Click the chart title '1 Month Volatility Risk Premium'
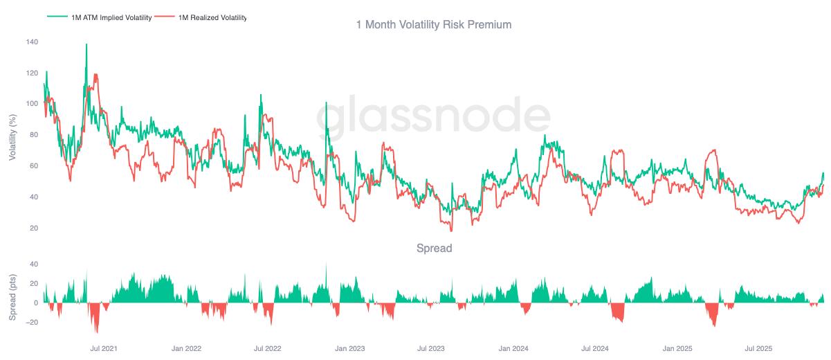click(x=433, y=24)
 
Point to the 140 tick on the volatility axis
click(x=32, y=42)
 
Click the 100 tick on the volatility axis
click(x=32, y=104)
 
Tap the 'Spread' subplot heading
click(x=433, y=248)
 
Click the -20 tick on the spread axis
click(x=30, y=322)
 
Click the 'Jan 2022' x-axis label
click(x=186, y=348)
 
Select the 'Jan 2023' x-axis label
click(x=349, y=348)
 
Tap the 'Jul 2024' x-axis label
click(x=594, y=348)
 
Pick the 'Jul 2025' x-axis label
click(x=758, y=348)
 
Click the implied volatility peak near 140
click(x=86, y=44)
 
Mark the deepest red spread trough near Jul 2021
click(x=97, y=332)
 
